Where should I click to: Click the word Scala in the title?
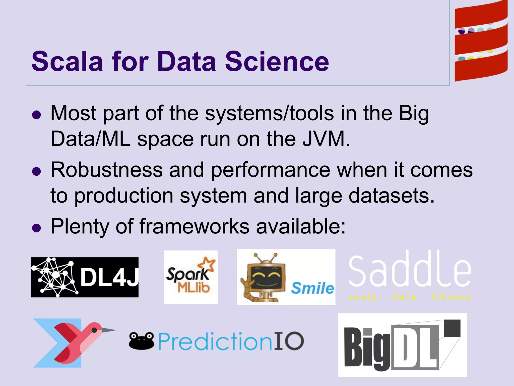[67, 62]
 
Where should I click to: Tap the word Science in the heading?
[277, 62]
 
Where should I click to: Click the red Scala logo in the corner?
[481, 41]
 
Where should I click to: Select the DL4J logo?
[85, 277]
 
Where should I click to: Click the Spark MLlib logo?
[191, 277]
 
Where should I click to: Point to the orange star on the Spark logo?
[207, 265]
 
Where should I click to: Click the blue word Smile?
[312, 288]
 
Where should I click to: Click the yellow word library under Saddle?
[451, 297]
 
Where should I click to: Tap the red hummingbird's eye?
[94, 330]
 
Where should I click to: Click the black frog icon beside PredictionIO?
[141, 341]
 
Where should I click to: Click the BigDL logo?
[402, 345]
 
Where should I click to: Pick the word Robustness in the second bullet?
[107, 170]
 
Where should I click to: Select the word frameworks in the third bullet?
[194, 226]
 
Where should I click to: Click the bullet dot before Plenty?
[37, 228]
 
